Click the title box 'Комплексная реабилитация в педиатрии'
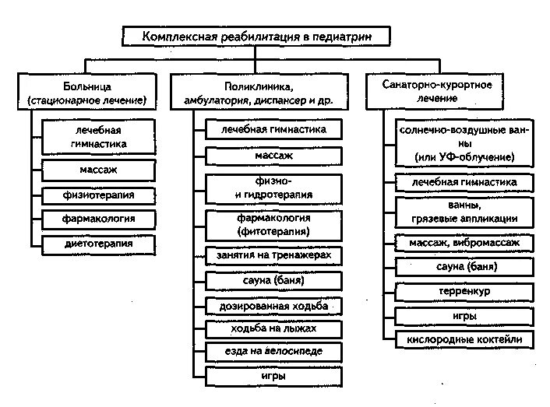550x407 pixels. pyautogui.click(x=257, y=37)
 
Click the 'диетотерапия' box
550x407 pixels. pyautogui.click(x=99, y=244)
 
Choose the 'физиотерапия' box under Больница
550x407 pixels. pyautogui.click(x=99, y=195)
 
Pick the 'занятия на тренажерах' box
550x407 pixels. pyautogui.click(x=273, y=255)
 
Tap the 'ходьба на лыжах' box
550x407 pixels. pyautogui.click(x=273, y=329)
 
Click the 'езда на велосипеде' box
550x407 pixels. pyautogui.click(x=273, y=353)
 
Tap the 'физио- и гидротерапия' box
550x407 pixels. pyautogui.click(x=273, y=188)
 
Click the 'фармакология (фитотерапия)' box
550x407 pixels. pyautogui.click(x=273, y=225)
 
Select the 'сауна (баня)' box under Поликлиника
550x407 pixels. pyautogui.click(x=273, y=280)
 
